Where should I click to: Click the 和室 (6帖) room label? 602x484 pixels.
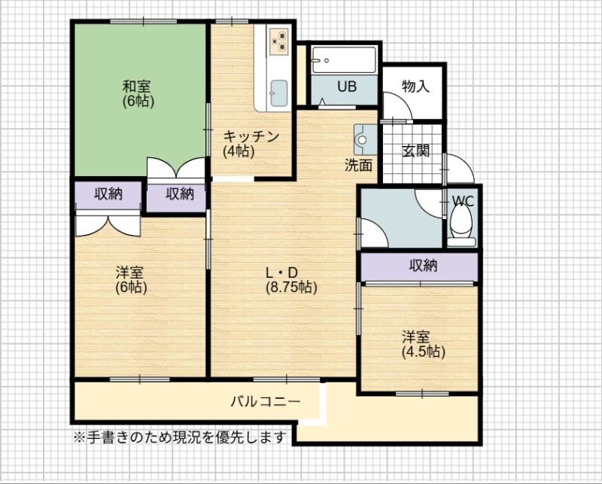tap(138, 93)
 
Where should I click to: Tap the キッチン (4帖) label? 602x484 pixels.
tap(251, 144)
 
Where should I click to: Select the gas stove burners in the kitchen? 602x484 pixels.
tap(278, 41)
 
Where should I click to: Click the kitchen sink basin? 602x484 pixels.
tap(278, 93)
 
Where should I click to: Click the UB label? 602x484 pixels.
tap(347, 87)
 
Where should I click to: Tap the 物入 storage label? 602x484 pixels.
tap(415, 86)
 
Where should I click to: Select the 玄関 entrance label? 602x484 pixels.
tap(415, 151)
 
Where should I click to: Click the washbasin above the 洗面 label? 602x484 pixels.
tap(365, 139)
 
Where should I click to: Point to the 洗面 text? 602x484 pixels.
tap(358, 165)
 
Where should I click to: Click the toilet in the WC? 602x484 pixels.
tap(461, 225)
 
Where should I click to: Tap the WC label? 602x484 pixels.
tap(463, 201)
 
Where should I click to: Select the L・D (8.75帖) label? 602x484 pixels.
tap(291, 280)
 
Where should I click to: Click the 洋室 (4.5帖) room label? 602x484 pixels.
tap(423, 344)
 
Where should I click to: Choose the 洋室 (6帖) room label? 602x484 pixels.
tap(131, 280)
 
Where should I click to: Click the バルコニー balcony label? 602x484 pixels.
tap(266, 401)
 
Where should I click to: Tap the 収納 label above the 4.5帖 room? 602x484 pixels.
tap(423, 265)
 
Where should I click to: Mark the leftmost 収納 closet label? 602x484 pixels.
tap(108, 194)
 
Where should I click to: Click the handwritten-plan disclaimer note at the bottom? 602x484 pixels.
tap(180, 437)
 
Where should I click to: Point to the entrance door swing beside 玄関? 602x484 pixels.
tap(460, 169)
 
